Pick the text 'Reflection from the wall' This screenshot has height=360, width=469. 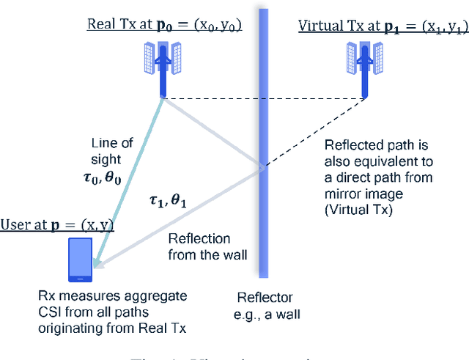click(x=199, y=247)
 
